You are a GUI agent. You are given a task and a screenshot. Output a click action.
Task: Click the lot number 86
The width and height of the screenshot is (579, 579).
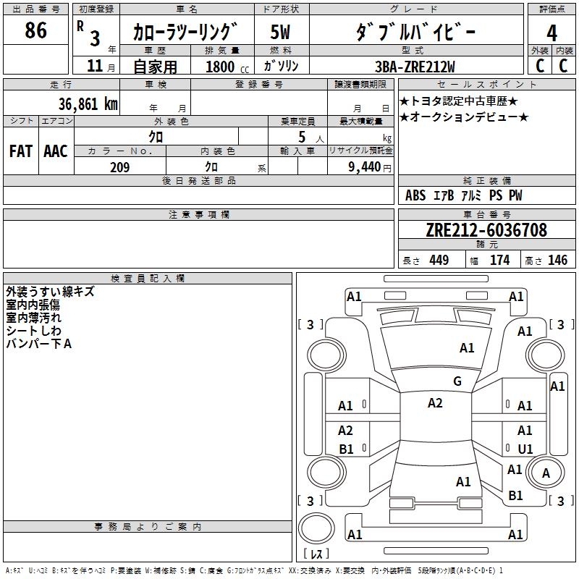[35, 30]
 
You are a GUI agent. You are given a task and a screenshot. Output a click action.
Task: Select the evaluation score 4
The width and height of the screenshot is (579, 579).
[552, 33]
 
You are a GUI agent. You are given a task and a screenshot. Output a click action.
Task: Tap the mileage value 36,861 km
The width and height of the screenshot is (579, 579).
[88, 104]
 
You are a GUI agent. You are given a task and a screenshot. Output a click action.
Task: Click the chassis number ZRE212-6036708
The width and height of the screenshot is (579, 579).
[486, 231]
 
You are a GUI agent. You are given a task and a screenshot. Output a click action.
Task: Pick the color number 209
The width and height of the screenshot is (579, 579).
[119, 167]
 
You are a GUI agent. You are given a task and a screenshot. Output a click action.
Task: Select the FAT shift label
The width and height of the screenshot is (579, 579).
[20, 151]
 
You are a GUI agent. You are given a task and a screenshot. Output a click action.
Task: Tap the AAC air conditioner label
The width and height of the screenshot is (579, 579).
[55, 151]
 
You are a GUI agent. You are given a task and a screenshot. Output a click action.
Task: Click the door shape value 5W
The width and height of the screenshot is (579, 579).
[280, 33]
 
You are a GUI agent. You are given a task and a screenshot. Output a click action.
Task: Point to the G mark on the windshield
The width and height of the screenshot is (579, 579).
[457, 381]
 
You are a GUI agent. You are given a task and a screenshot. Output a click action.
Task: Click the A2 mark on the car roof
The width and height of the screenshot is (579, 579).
[435, 403]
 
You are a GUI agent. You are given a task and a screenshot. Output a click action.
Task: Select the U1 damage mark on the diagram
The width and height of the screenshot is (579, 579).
[525, 449]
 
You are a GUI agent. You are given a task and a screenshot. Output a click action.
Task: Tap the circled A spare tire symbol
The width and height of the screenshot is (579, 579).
[546, 473]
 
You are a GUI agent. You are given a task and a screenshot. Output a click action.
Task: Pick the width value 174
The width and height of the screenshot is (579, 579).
[500, 261]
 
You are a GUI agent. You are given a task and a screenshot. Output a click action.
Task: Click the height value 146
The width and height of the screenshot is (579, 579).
[557, 261]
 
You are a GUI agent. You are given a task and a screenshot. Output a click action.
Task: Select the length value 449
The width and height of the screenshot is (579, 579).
[439, 261]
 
